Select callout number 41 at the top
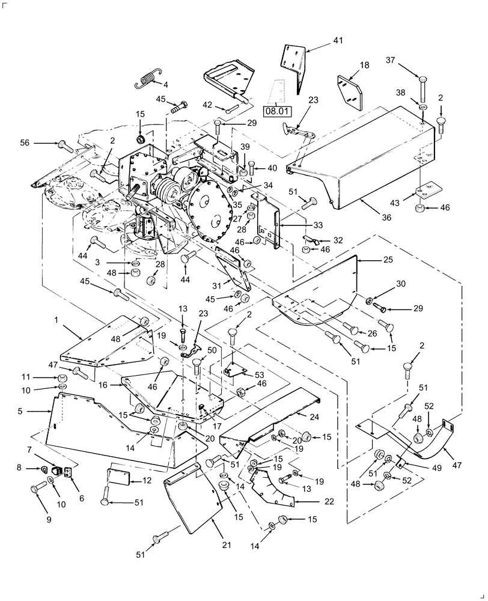point(338,40)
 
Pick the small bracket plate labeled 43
point(425,191)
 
